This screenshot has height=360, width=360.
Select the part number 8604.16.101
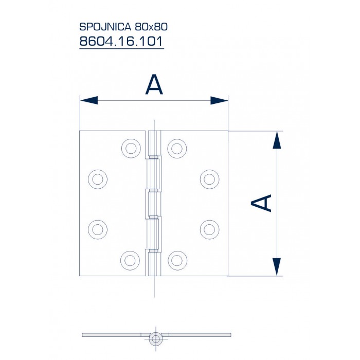coord(121,41)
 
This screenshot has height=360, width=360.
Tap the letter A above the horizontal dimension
coord(154,85)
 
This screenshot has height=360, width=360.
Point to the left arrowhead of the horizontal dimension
coord(88,100)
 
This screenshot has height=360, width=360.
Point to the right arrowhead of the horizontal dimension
coord(219,100)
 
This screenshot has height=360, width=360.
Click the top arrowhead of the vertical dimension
coord(277,140)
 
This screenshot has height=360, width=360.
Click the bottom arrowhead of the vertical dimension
coord(277,267)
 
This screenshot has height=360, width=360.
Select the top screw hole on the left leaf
coord(131,148)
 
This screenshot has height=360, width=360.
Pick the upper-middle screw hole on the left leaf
coord(97,179)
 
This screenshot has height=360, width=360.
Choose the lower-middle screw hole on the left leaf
coord(97,228)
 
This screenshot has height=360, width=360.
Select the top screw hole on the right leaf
coord(176,148)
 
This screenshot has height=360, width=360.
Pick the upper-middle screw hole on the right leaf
coord(209,179)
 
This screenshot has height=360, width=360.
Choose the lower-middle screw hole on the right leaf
coord(209,228)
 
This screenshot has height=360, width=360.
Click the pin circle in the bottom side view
coord(155,338)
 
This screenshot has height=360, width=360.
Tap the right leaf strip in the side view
coord(198,335)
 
